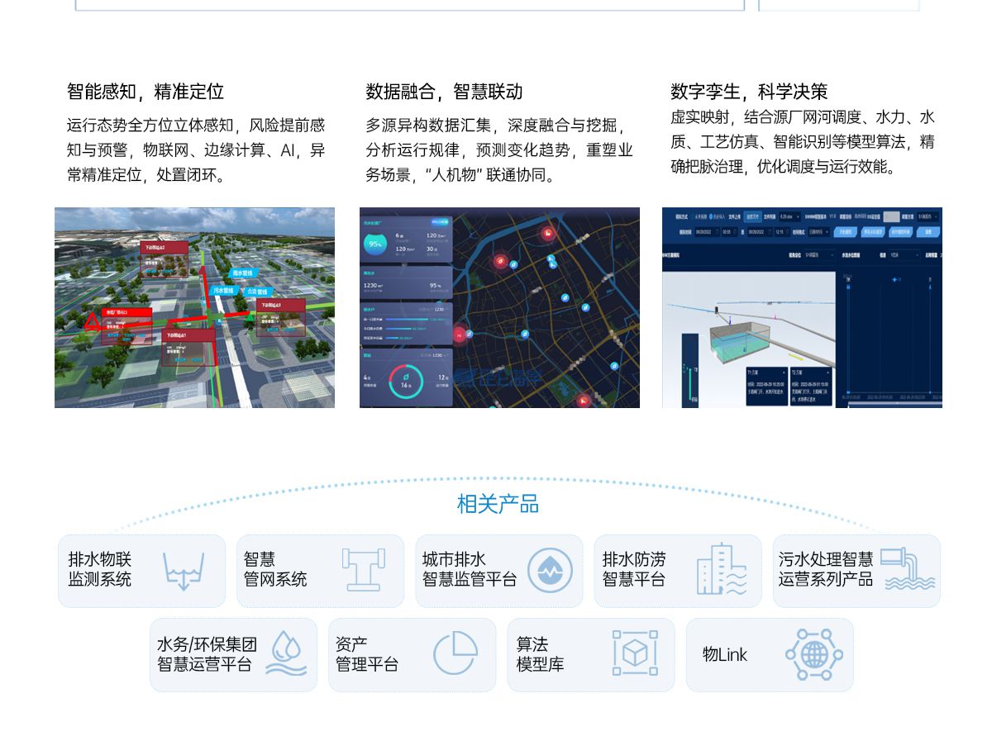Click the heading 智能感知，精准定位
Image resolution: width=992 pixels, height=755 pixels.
click(x=145, y=92)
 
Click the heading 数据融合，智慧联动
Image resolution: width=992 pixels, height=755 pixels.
click(x=444, y=92)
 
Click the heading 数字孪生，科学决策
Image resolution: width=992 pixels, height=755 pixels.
click(x=749, y=92)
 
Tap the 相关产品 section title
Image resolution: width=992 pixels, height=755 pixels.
click(x=498, y=503)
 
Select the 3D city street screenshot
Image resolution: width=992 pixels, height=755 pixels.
click(x=194, y=307)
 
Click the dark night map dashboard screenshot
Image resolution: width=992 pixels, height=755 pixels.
click(x=499, y=307)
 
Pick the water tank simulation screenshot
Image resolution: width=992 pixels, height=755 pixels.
click(x=802, y=307)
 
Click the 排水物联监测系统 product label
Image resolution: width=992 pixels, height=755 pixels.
click(x=100, y=570)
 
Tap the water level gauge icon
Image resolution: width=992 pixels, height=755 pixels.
click(x=183, y=571)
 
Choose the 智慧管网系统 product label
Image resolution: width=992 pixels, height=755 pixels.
click(x=275, y=570)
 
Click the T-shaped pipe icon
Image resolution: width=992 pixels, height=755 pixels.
click(x=363, y=570)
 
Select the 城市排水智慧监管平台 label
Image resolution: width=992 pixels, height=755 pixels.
click(x=469, y=570)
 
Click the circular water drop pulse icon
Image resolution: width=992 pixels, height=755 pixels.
click(x=550, y=571)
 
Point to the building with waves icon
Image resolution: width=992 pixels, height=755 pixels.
click(x=721, y=569)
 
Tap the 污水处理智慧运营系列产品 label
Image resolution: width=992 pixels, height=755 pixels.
click(x=825, y=570)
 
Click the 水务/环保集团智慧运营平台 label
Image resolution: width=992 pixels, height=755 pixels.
click(x=207, y=654)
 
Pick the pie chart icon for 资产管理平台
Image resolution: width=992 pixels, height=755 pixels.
click(x=455, y=654)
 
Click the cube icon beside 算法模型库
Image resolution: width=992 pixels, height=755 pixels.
click(x=635, y=654)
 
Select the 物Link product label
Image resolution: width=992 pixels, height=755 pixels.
click(x=725, y=655)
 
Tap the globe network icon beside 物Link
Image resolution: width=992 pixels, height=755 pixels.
click(x=813, y=655)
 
